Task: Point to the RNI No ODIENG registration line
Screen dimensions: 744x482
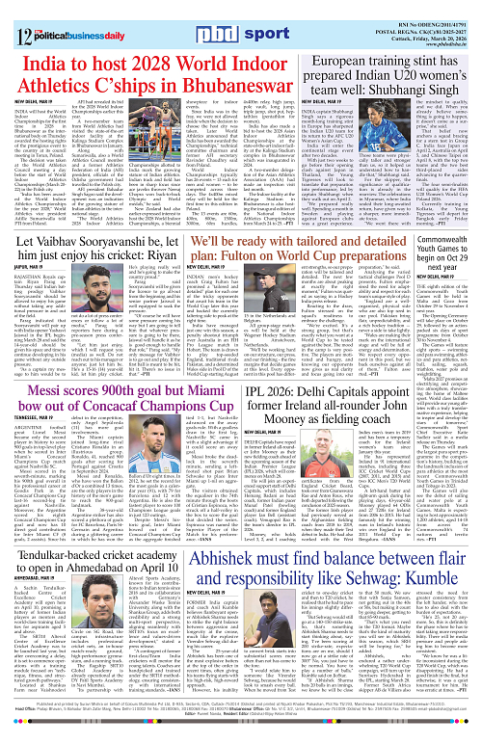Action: [418, 7]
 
